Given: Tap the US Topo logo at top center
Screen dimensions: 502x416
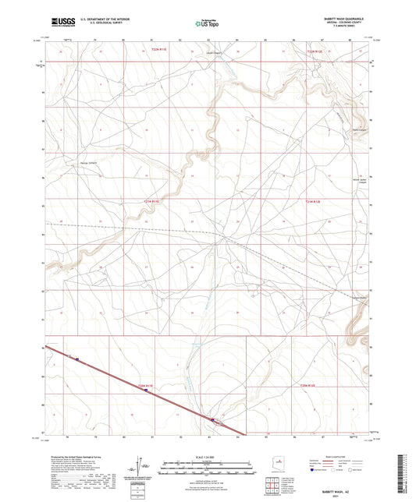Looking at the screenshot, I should pos(206,24).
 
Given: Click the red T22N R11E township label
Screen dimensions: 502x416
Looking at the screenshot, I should pos(158,51).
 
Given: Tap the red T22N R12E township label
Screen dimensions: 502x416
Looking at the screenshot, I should pos(313,51).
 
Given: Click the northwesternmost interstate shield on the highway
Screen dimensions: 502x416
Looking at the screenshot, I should pos(77,359).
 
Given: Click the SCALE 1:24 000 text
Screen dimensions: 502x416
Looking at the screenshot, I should pos(207,457).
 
